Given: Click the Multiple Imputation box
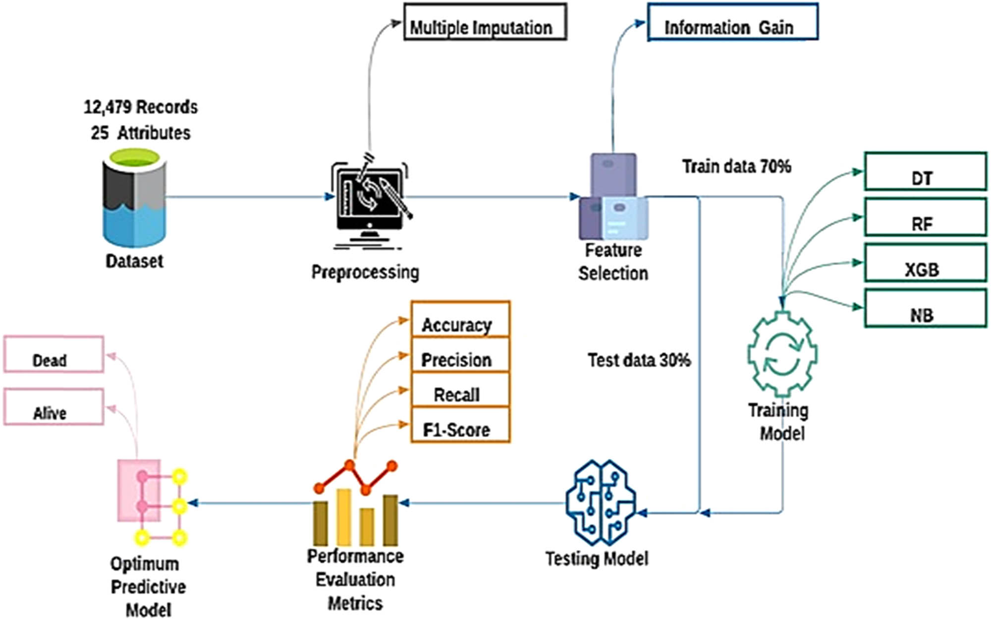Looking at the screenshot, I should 485,22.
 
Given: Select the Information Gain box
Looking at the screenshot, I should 732,22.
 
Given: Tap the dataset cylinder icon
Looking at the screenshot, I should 134,198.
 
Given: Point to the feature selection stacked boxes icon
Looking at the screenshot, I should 613,198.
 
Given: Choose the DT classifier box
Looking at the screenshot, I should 925,171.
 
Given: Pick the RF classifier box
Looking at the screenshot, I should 925,217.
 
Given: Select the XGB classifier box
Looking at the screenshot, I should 925,263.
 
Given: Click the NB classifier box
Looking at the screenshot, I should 925,309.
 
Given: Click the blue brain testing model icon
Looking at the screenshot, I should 601,503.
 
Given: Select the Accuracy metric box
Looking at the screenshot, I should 460,320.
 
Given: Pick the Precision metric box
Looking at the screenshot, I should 460,355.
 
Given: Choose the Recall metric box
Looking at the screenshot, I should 460,390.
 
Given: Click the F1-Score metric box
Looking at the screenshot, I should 460,425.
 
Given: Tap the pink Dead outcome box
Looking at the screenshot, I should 54,354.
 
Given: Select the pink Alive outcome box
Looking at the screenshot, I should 54,407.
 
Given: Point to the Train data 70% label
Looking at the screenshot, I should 736,167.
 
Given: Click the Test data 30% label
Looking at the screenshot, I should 639,360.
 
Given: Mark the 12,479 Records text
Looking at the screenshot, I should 140,107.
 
